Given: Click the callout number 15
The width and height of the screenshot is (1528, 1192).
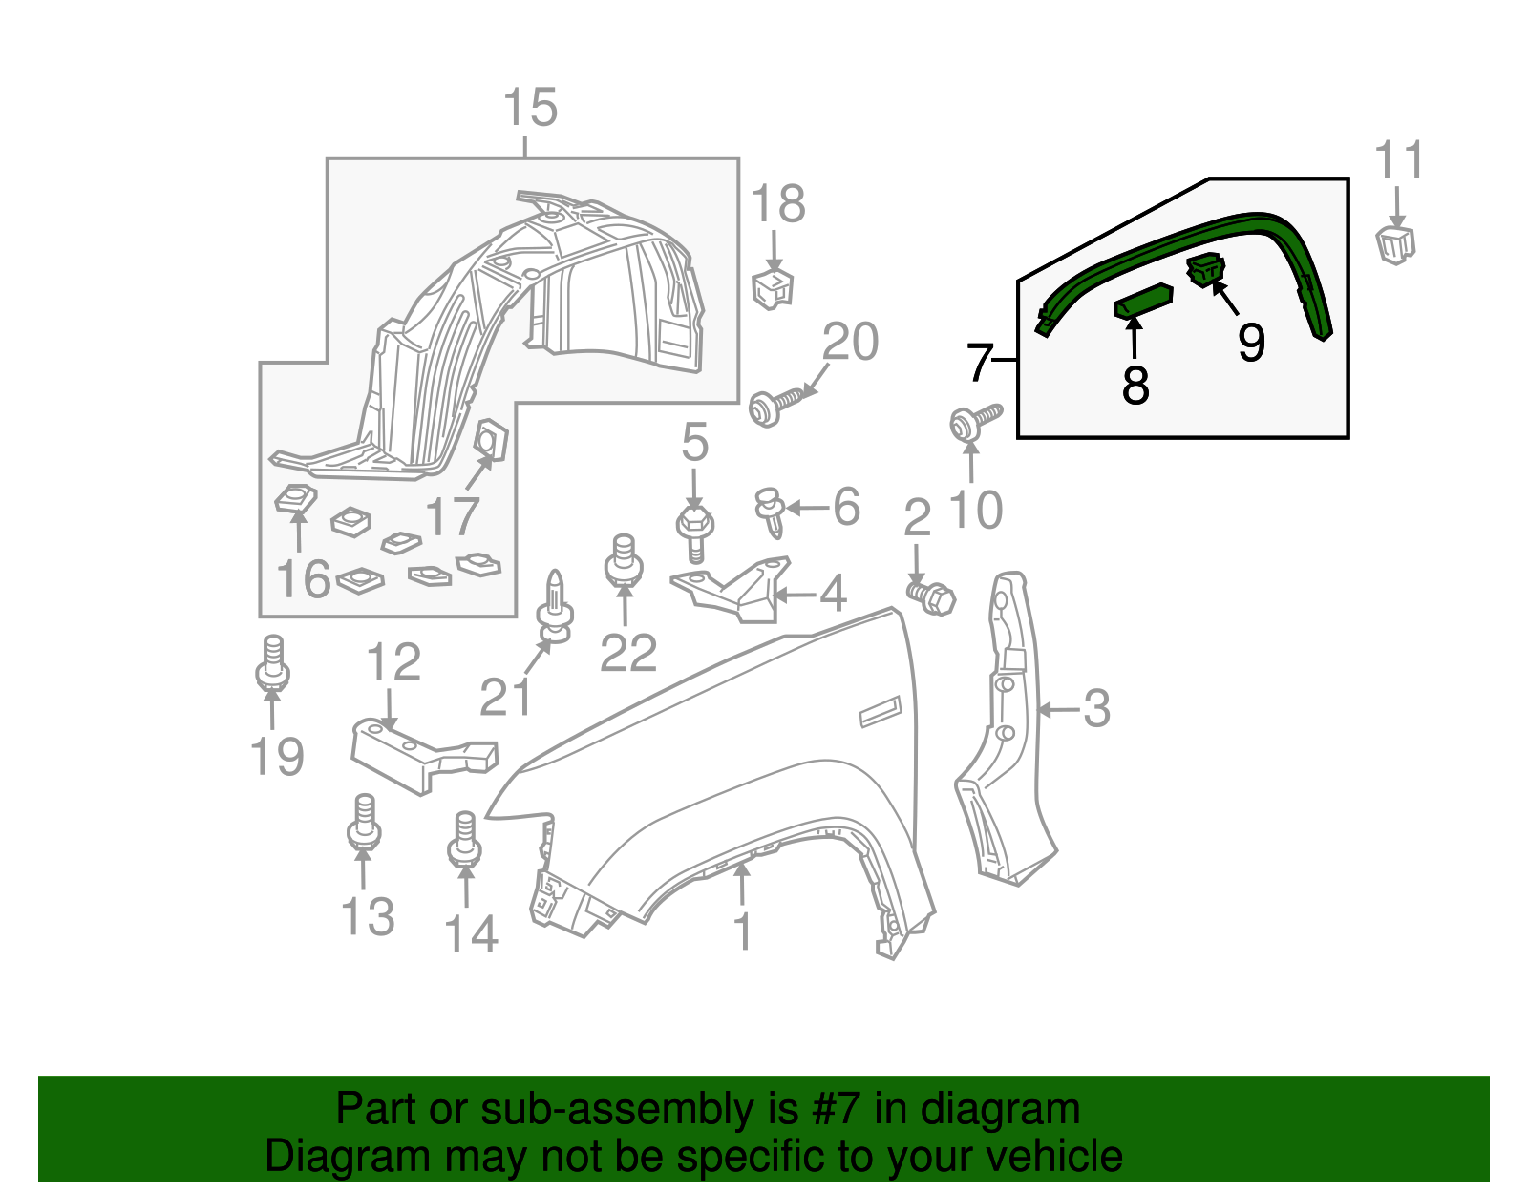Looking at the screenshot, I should click(530, 108).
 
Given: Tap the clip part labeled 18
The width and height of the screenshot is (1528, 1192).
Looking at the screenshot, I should click(774, 287).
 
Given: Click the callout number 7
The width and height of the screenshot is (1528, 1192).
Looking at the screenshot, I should click(980, 363).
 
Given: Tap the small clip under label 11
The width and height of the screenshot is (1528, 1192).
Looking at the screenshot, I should click(1395, 243).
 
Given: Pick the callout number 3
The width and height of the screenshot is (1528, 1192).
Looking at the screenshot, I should click(1096, 709).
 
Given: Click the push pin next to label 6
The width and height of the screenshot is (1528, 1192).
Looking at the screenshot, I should click(770, 511).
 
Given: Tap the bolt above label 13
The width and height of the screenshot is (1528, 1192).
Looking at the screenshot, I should click(364, 823).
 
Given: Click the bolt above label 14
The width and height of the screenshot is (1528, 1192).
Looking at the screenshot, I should click(464, 840).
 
